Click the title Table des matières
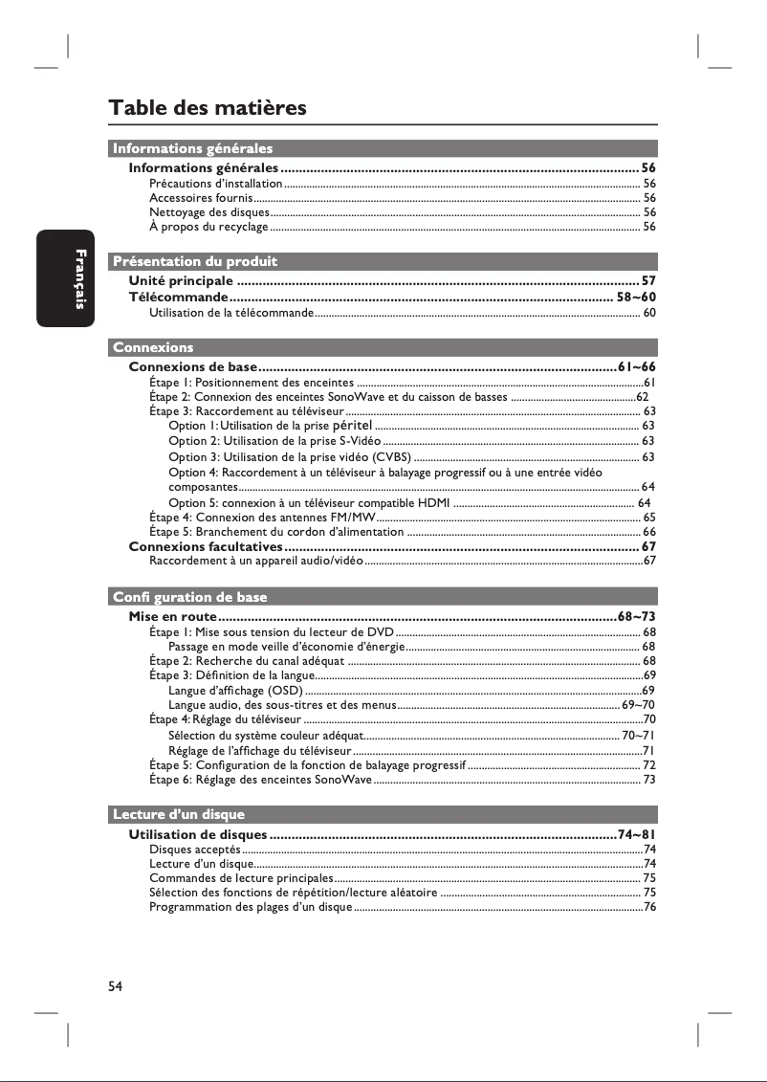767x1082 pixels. coord(208,107)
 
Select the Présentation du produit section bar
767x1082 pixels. coord(195,260)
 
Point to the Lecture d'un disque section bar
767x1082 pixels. coord(179,814)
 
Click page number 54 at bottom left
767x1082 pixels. coord(116,986)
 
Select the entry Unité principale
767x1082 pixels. coord(181,281)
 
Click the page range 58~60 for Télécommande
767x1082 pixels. coord(636,298)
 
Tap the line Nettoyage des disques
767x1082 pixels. coord(209,212)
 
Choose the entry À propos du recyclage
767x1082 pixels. coord(208,227)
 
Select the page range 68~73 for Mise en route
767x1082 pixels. coord(636,616)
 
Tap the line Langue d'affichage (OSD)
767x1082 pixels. coord(235,690)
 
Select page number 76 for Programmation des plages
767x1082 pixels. coord(649,907)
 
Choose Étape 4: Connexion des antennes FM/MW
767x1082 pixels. coord(261,517)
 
